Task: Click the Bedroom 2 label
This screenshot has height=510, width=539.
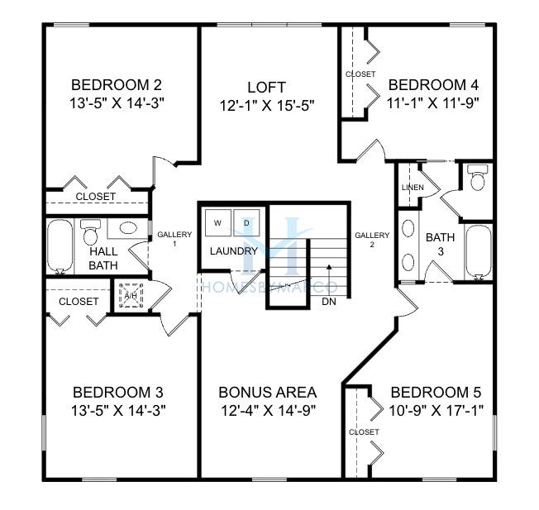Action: tap(117, 84)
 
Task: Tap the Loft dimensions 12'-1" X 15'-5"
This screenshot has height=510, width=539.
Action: tap(267, 106)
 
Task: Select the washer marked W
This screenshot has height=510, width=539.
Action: tap(218, 222)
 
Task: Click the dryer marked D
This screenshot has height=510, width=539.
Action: tap(246, 222)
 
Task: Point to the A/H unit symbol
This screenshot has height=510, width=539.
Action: tap(131, 296)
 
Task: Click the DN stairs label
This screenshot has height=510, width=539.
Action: tap(329, 302)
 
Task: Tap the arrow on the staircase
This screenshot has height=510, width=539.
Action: tap(329, 279)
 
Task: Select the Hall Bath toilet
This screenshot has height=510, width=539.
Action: tap(91, 232)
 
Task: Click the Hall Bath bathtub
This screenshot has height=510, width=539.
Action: tap(60, 247)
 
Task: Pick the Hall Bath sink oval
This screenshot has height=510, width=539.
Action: tap(128, 227)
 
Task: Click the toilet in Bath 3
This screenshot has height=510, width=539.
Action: tap(478, 178)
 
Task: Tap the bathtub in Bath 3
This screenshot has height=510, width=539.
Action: tap(479, 253)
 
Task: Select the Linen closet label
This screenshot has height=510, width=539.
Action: tap(413, 188)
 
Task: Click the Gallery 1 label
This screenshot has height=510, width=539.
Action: tap(174, 239)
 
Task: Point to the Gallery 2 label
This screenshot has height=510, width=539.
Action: tap(372, 240)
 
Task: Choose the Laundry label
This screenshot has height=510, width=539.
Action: tap(234, 251)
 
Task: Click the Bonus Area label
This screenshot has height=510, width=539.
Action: tap(268, 392)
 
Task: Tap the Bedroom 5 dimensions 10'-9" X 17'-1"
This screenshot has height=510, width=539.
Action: tap(436, 410)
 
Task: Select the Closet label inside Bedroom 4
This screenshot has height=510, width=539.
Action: tap(360, 74)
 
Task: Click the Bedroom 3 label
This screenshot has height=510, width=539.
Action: tap(118, 392)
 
